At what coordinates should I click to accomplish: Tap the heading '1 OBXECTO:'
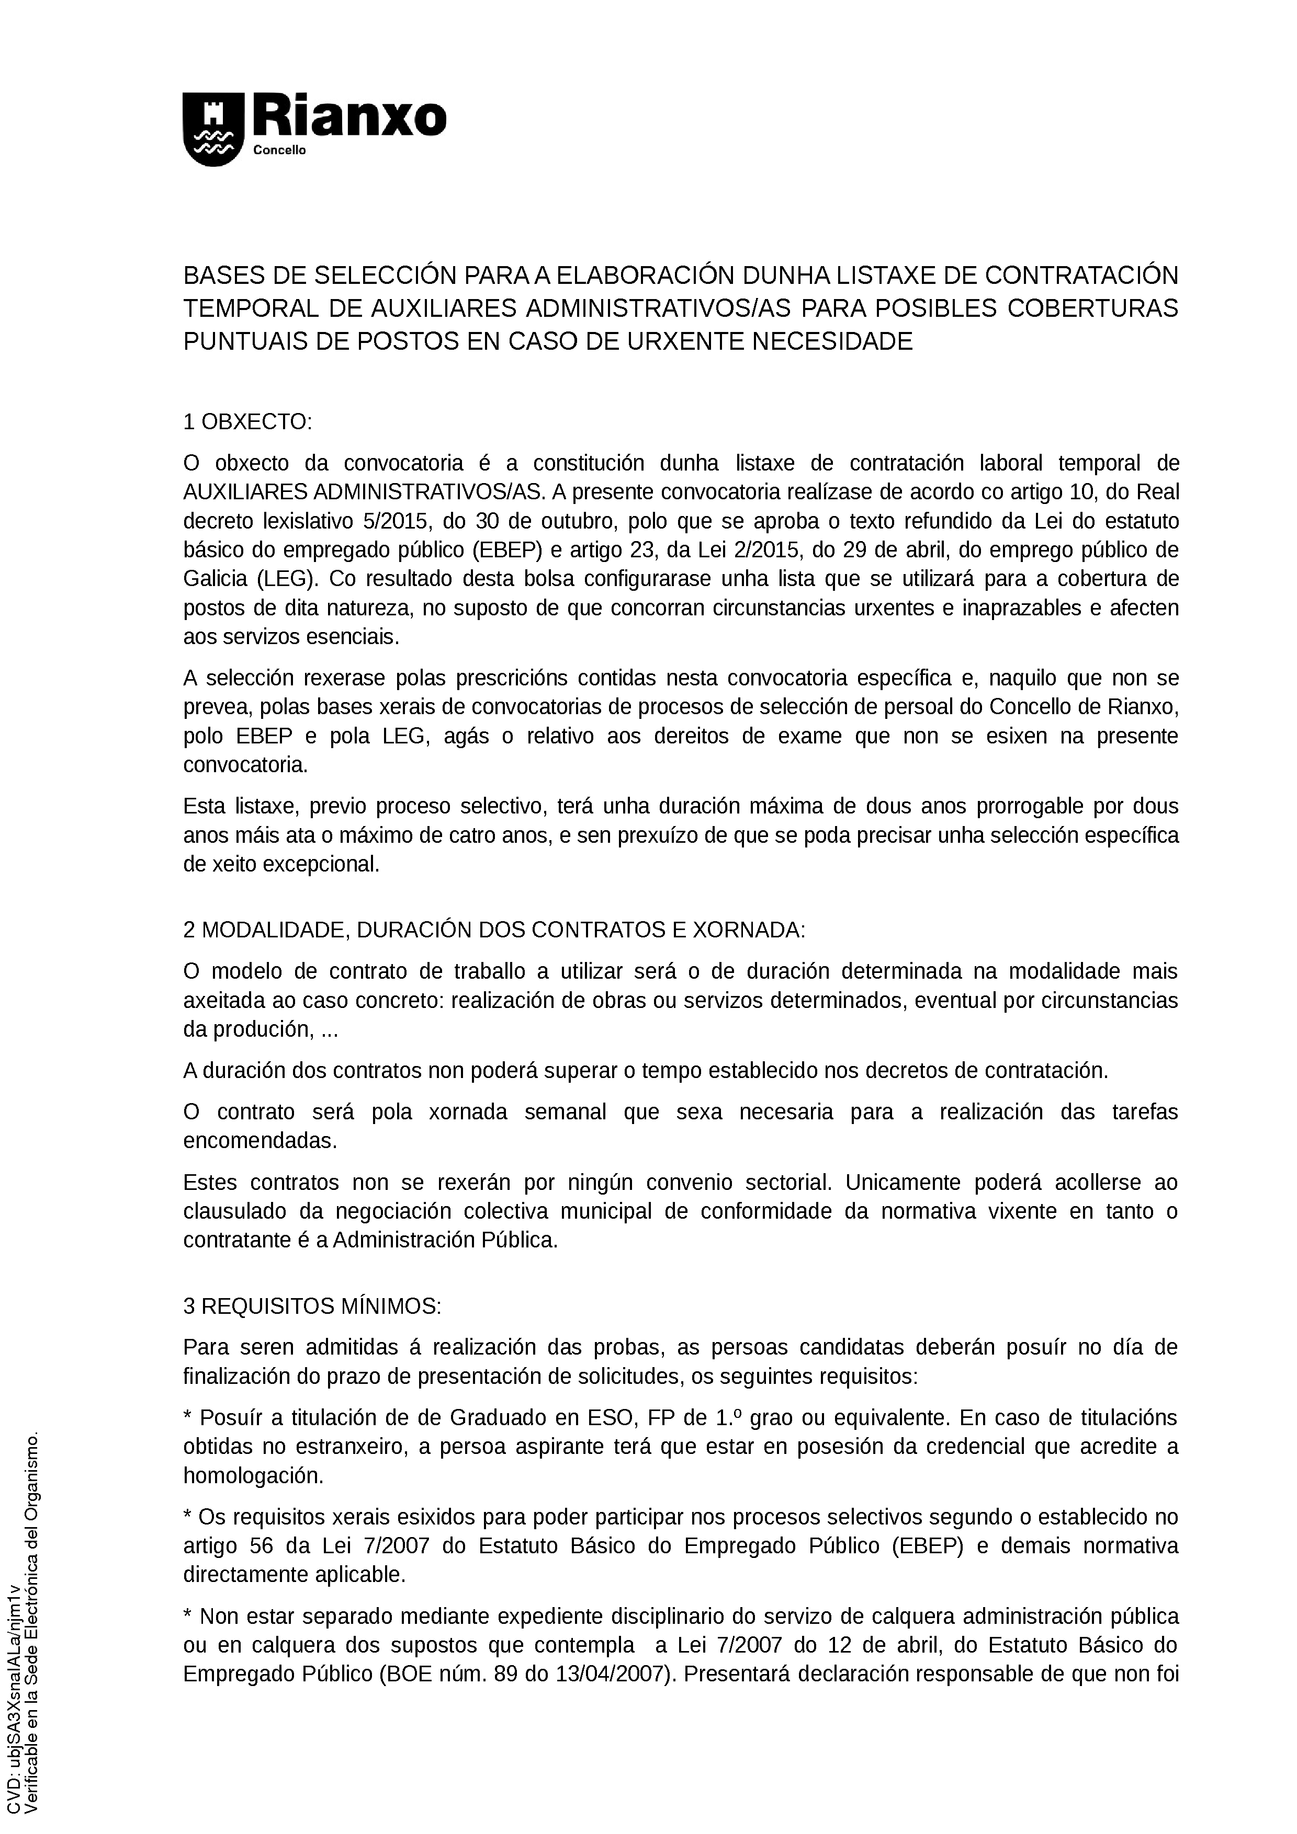pos(247,422)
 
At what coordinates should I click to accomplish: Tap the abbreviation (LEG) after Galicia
pos(286,579)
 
